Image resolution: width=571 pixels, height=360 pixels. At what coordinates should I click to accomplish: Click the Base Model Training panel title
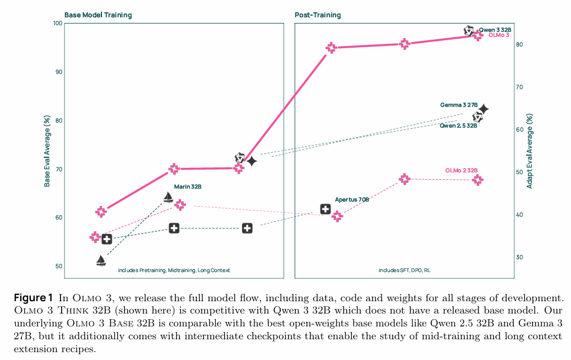pyautogui.click(x=98, y=15)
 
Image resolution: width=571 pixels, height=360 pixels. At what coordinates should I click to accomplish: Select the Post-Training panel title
pyautogui.click(x=318, y=15)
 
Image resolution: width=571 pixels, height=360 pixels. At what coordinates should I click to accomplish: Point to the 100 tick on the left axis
pyautogui.click(x=57, y=23)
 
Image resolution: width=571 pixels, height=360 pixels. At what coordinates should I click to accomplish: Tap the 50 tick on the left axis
pyautogui.click(x=59, y=267)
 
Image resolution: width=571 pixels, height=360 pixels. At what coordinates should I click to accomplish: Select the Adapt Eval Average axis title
pyautogui.click(x=530, y=151)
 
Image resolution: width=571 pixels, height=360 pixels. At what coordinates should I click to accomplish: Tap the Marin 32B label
pyautogui.click(x=187, y=186)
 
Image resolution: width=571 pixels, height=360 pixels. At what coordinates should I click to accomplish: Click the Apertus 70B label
pyautogui.click(x=352, y=199)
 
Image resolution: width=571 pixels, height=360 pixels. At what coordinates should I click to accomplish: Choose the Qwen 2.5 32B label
pyautogui.click(x=458, y=126)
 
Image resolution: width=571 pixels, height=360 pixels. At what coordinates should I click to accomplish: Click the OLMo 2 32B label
pyautogui.click(x=462, y=170)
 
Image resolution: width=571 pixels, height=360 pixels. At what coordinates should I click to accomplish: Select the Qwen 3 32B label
pyautogui.click(x=495, y=30)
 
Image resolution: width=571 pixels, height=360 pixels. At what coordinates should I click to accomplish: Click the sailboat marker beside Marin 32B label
pyautogui.click(x=168, y=197)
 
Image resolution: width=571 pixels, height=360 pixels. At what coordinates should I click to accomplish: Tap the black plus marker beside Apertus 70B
pyautogui.click(x=325, y=209)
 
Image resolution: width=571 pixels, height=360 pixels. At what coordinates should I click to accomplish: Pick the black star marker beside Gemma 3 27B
pyautogui.click(x=483, y=109)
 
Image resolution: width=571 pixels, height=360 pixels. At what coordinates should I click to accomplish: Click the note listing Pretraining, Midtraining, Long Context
pyautogui.click(x=174, y=270)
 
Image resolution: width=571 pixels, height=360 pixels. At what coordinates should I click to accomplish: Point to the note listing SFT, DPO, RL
pyautogui.click(x=404, y=270)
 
